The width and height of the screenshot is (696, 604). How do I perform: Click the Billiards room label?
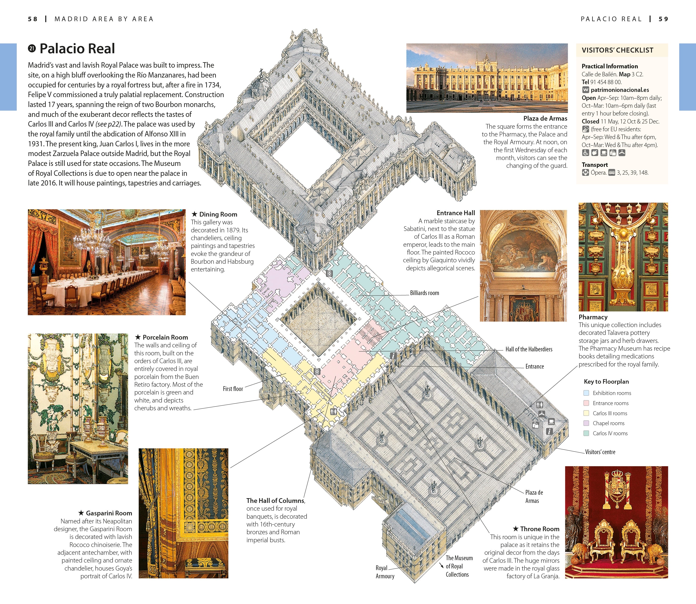424,293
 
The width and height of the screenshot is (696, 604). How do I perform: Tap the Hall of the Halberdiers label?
528,349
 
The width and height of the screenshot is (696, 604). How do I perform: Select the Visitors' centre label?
600,452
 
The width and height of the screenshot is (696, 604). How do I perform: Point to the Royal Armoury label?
385,572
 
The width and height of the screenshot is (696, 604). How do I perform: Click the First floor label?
233,389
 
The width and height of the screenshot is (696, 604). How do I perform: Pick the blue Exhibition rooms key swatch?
586,393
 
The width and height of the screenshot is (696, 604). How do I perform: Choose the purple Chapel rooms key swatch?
586,423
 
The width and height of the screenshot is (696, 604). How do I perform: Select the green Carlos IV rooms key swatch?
586,433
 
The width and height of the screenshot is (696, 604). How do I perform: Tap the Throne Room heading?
539,529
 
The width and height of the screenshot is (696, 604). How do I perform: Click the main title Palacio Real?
77,49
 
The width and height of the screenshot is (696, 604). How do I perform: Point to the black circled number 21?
32,49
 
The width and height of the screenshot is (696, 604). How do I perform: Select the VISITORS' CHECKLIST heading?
618,50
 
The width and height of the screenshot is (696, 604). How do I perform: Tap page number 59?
663,19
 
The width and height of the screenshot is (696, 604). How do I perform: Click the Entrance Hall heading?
455,213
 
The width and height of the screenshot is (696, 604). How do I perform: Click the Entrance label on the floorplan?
534,366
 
